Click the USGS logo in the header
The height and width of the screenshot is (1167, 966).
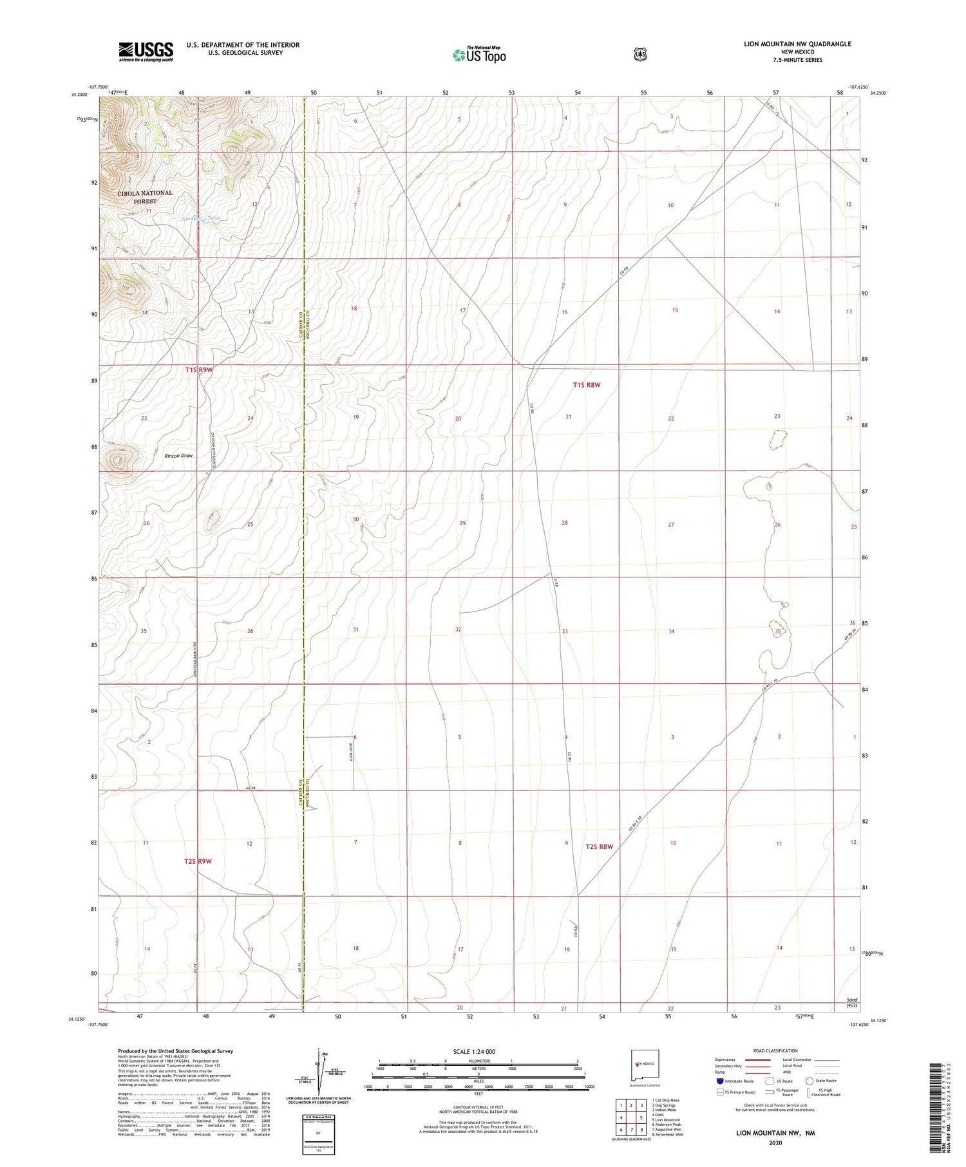coord(146,51)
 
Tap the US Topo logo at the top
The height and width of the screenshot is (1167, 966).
coord(479,55)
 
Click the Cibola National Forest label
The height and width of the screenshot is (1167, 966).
coord(145,197)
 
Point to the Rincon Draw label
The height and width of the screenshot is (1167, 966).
coord(178,456)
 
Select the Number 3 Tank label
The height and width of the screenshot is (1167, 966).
coord(201,219)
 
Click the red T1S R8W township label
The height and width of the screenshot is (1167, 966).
coord(586,385)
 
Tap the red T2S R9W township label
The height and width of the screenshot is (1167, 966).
coord(198,861)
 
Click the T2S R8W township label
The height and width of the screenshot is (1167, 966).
coord(599,847)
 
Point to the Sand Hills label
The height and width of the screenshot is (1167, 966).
coord(851,1003)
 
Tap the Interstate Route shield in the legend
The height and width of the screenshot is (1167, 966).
coord(720,1081)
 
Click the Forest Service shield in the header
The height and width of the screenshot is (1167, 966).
coord(639,55)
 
